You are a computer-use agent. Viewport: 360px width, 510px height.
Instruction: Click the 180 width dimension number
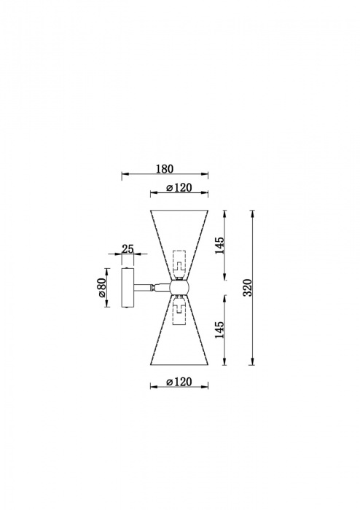coord(164,169)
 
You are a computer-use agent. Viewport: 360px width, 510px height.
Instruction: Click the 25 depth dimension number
coord(128,249)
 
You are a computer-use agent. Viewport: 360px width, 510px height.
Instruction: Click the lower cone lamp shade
coord(179,342)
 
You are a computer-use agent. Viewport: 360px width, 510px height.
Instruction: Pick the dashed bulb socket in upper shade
coord(178,262)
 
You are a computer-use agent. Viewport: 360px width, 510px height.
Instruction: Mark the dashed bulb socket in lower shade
coord(178,312)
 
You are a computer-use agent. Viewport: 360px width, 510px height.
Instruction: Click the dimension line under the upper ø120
coord(179,194)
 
